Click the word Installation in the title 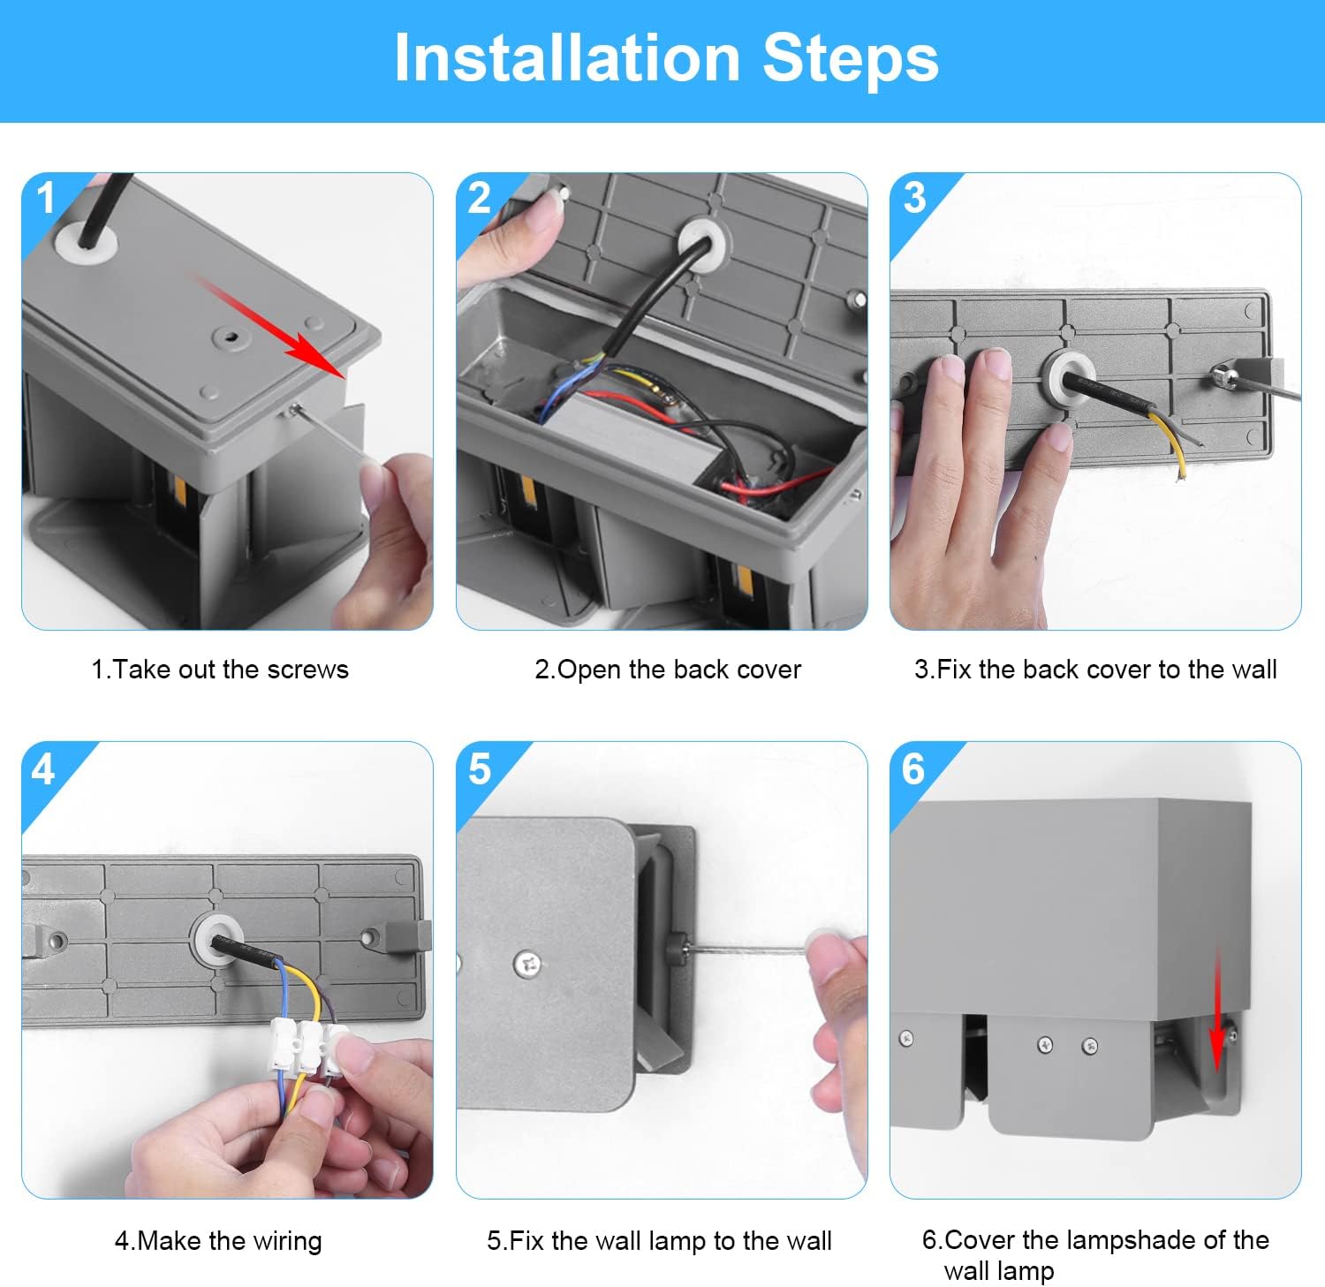pyautogui.click(x=567, y=58)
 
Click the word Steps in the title pyautogui.click(x=851, y=58)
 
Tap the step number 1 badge pyautogui.click(x=46, y=198)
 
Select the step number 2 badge pyautogui.click(x=480, y=198)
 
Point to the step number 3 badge pyautogui.click(x=915, y=198)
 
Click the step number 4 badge pyautogui.click(x=42, y=769)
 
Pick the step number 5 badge pyautogui.click(x=480, y=769)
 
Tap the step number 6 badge pyautogui.click(x=913, y=769)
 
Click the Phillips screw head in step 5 pyautogui.click(x=528, y=963)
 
